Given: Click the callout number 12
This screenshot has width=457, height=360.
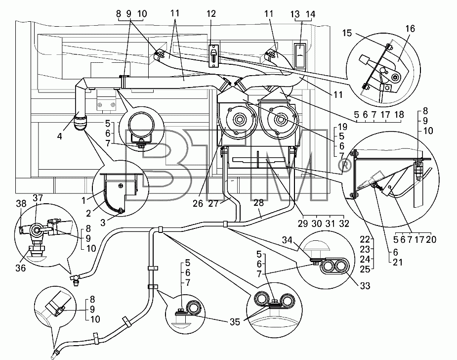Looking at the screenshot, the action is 211,14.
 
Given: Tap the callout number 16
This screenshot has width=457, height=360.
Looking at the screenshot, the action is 410,29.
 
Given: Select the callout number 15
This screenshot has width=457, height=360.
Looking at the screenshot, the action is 347,33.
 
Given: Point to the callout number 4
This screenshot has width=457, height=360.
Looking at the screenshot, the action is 59,136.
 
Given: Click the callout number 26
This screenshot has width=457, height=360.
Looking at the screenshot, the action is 198,203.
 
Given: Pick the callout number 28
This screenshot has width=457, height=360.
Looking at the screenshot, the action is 258,203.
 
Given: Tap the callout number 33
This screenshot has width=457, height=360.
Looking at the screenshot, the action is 365,286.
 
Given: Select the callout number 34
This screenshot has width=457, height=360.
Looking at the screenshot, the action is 287,240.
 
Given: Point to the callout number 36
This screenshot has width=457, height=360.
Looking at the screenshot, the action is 20,268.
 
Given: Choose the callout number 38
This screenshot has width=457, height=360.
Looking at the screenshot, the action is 21,203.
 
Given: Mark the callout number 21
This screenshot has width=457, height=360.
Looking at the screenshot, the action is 398,262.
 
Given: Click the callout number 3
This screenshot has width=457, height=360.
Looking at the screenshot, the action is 103,223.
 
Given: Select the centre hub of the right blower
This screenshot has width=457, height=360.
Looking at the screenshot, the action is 281,120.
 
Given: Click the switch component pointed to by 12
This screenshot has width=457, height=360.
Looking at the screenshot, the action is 214,55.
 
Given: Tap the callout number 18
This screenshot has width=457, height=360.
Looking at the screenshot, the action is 399,115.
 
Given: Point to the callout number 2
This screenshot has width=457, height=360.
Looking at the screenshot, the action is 88,213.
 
